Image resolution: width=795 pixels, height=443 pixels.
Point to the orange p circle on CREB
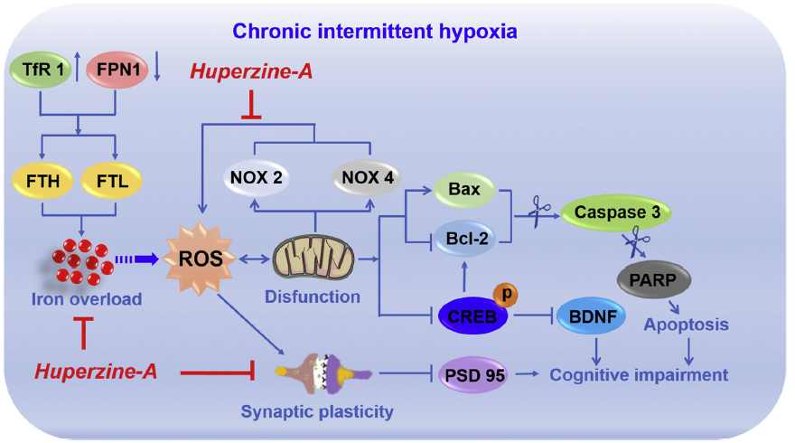point(508,296)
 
